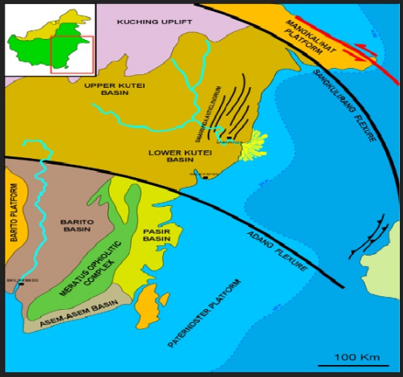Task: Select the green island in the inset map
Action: [40, 40]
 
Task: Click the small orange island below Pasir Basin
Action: [146, 306]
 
